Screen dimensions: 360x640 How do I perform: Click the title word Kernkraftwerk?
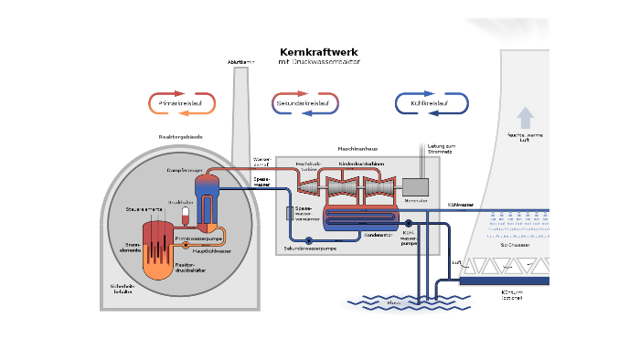point(319,53)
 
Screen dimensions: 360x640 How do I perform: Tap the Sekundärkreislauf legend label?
point(305,104)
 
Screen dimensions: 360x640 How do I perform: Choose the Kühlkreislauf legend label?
point(430,104)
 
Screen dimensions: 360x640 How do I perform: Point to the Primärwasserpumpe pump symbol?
point(187,245)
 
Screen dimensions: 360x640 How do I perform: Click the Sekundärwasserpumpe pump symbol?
point(309,240)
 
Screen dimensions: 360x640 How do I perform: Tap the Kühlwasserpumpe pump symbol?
point(409,223)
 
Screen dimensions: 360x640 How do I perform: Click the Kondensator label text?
point(378,235)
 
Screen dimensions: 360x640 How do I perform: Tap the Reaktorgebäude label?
point(180,137)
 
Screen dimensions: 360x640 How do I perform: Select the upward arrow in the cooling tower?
point(525,117)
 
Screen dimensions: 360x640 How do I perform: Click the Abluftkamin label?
point(240,62)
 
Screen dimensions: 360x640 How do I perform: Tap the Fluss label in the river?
point(394,302)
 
